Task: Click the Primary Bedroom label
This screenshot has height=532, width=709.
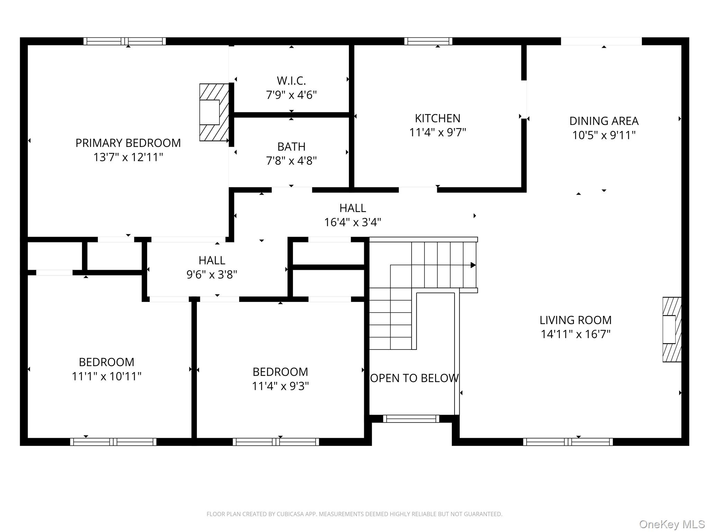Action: point(128,143)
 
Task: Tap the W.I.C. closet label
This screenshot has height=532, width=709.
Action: point(291,81)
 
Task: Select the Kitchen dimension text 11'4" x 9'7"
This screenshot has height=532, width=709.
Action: point(438,132)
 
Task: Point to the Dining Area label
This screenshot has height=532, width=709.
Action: point(604,121)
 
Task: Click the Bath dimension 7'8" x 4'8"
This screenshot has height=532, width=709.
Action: point(291,161)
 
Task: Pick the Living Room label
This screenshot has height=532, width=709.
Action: point(575,320)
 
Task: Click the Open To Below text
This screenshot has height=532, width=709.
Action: point(414,378)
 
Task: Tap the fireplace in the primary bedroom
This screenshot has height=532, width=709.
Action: point(214,112)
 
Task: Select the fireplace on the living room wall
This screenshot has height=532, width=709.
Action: point(672,329)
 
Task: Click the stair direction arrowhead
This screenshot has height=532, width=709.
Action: point(473,265)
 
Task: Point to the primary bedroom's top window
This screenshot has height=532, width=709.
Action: point(125,41)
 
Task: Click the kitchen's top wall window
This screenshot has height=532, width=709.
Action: point(428,41)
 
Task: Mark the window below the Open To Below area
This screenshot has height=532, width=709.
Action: point(411,419)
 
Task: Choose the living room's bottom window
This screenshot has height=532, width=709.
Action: point(568,442)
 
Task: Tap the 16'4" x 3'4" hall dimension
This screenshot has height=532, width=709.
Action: point(353,222)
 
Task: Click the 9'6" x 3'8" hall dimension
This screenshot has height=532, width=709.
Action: point(212,274)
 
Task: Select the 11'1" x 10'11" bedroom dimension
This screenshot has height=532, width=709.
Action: point(107,376)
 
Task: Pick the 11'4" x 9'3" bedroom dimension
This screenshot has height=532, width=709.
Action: point(280,386)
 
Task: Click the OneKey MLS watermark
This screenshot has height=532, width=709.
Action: point(672,524)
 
